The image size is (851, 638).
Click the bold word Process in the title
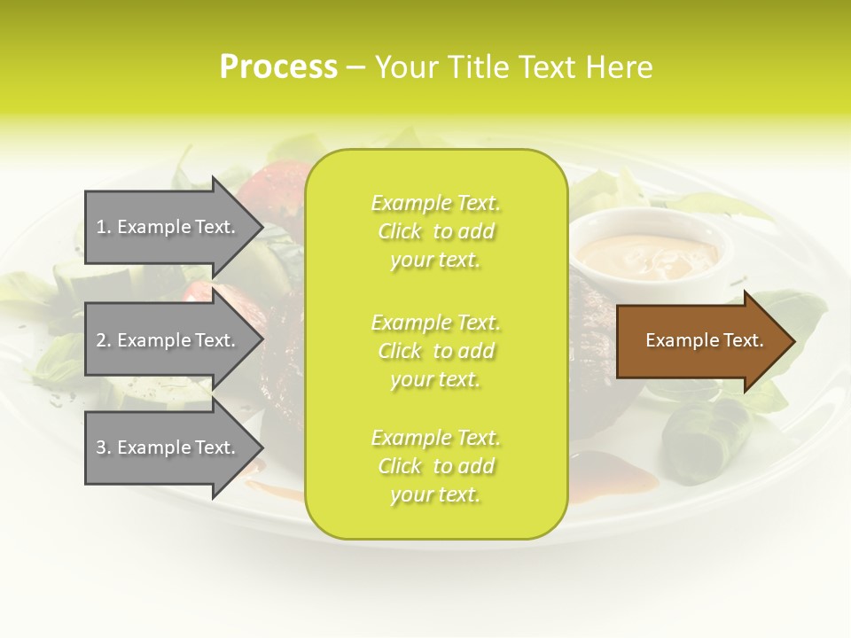[278, 67]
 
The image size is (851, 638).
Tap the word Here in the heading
[617, 67]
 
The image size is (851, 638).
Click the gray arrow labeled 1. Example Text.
[168, 227]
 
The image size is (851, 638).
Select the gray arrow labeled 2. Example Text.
[168, 340]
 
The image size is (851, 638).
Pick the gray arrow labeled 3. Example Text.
[168, 447]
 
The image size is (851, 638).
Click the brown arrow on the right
[700, 341]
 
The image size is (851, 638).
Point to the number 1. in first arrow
[104, 227]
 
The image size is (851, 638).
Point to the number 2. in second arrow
[104, 340]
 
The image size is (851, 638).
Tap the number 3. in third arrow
[104, 447]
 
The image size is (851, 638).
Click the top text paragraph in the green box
[435, 231]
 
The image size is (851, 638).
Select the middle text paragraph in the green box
[435, 351]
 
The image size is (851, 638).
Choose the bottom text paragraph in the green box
[435, 466]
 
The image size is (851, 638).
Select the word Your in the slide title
[404, 67]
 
